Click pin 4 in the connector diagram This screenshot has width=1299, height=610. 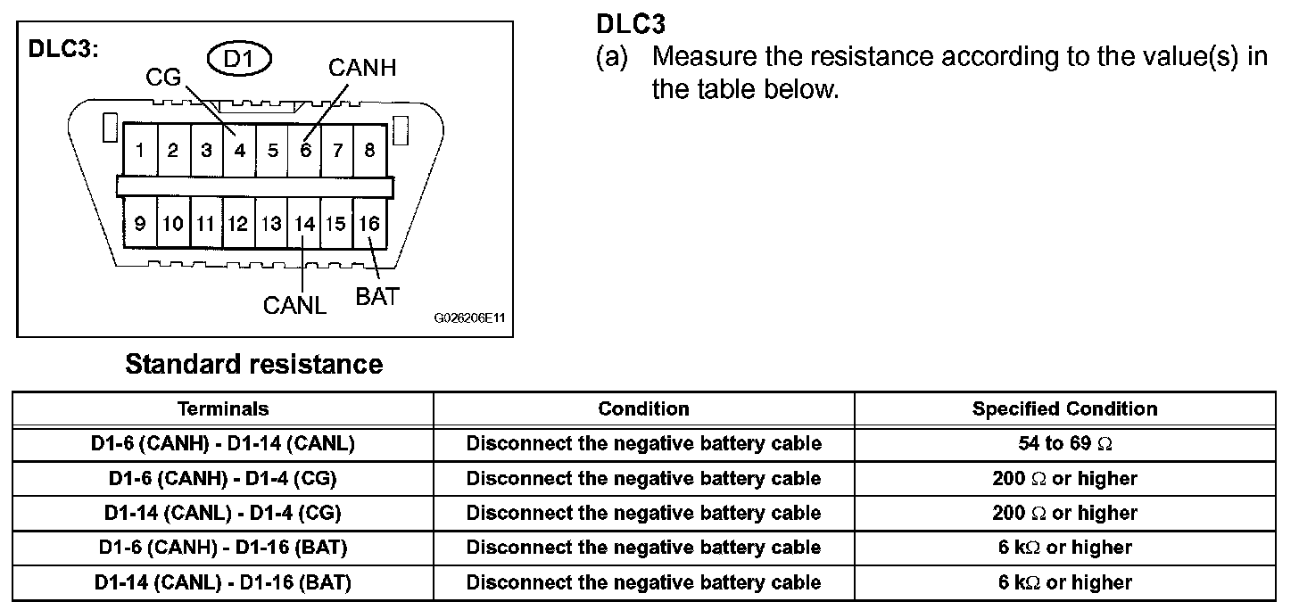[239, 150]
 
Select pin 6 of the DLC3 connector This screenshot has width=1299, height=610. [305, 150]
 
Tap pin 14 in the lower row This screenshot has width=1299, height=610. [304, 224]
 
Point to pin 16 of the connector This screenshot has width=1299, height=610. [369, 224]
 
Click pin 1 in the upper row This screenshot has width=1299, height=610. [140, 150]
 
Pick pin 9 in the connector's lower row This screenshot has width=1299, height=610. [140, 224]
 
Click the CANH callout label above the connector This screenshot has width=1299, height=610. [362, 68]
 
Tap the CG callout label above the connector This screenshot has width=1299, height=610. [163, 77]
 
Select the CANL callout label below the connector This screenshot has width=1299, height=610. [294, 306]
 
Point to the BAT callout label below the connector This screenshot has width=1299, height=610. [377, 297]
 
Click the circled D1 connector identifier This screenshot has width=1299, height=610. [239, 59]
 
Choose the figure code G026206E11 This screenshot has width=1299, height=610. [469, 317]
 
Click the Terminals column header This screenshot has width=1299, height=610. [223, 408]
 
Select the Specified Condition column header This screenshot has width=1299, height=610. [1064, 408]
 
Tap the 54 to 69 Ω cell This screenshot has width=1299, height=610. [1064, 443]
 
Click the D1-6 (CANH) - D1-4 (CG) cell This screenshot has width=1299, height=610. [223, 478]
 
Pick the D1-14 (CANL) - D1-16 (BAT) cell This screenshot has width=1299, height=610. [223, 582]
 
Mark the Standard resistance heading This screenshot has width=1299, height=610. [254, 364]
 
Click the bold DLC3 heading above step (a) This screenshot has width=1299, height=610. [631, 24]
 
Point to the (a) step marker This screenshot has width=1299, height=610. [612, 57]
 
